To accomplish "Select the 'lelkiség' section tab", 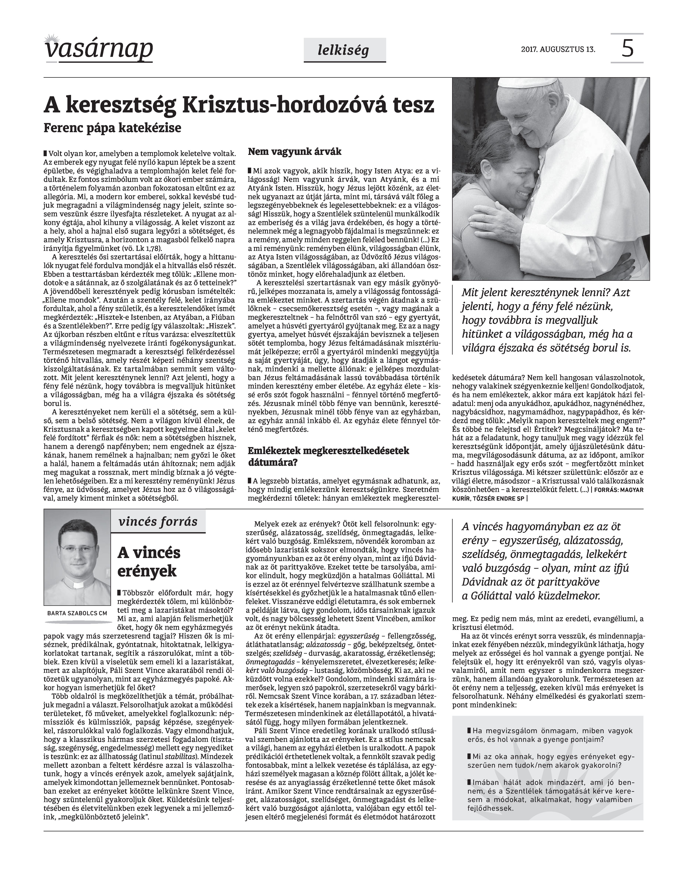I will [344, 50].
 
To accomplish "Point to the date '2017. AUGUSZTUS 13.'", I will [558, 50].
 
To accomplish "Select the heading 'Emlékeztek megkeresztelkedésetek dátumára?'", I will [328, 456].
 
